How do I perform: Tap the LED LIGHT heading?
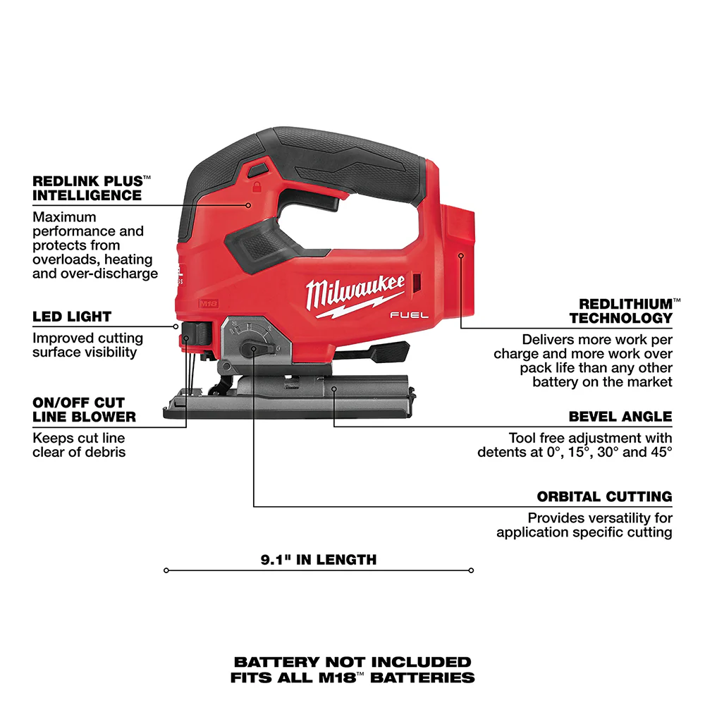(72, 317)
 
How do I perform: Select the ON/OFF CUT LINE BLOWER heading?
(84, 410)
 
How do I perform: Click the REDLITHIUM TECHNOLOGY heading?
(621, 311)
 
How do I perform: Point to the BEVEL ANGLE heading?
(620, 417)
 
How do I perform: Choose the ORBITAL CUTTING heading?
(604, 497)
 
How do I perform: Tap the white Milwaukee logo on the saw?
(355, 290)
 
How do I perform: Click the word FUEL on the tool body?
(410, 316)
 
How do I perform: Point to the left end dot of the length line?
(166, 570)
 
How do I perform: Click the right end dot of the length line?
(471, 570)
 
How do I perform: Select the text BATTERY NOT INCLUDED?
(352, 662)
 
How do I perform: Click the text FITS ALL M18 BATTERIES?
(352, 678)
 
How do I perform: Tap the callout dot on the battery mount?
(460, 256)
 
